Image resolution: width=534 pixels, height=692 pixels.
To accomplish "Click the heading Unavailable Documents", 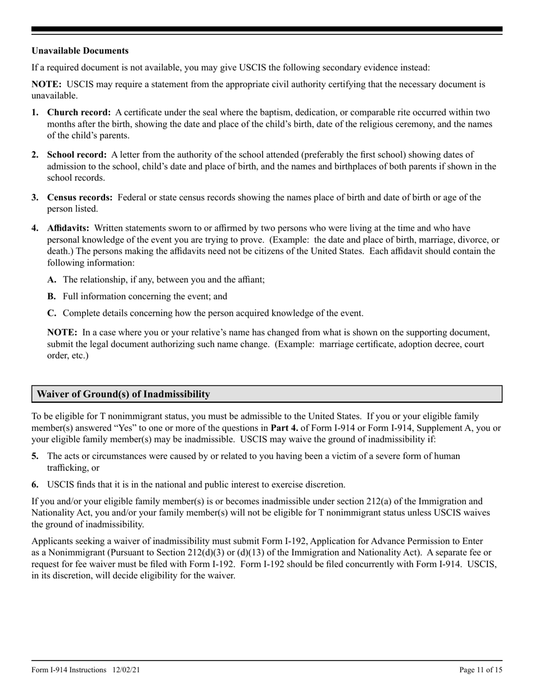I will (80, 51).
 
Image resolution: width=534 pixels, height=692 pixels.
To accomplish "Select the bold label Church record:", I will (79, 113).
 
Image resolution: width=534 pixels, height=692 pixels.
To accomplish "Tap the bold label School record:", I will (76, 155).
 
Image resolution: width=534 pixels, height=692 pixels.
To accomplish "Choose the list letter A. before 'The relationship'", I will (52, 279).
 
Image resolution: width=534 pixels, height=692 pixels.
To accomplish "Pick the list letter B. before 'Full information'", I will (52, 296).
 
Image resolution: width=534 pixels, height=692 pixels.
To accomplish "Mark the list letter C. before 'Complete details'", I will (52, 313).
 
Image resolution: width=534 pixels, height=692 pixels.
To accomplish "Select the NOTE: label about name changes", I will (62, 332).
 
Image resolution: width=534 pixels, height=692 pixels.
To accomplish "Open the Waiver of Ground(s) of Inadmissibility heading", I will (123, 394).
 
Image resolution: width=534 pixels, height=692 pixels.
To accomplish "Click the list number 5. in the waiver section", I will (35, 456).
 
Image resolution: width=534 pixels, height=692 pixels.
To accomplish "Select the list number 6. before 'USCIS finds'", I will (35, 484).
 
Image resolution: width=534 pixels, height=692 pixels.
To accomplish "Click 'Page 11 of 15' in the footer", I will (481, 670).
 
